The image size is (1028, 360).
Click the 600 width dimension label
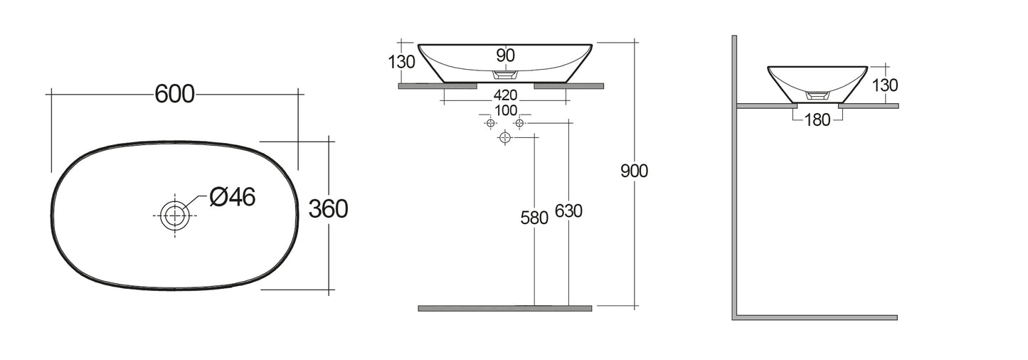pos(174,93)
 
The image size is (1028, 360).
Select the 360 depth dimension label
pos(328,209)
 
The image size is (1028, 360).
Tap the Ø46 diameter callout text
pos(232,197)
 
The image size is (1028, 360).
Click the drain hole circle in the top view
pos(174,214)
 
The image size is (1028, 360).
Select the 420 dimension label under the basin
pos(505,95)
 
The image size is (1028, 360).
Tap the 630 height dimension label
pos(568,211)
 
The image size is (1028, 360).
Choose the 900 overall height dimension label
pos(634,171)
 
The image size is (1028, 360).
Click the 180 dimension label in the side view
pos(817,120)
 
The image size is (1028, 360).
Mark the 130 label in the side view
pos(884,85)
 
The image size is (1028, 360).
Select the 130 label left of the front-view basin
pos(402,62)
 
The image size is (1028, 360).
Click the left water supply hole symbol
pos(489,123)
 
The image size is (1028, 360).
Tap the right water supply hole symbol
pos(519,123)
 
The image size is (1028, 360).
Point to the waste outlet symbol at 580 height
pos(505,137)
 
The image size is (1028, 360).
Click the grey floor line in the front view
pos(504,308)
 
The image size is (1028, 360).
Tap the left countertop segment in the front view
pos(437,86)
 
